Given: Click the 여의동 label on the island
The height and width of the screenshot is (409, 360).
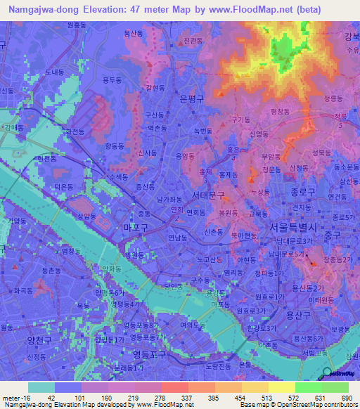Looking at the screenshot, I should [x=191, y=325].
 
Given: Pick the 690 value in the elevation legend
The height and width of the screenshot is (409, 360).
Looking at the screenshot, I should [x=346, y=397].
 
